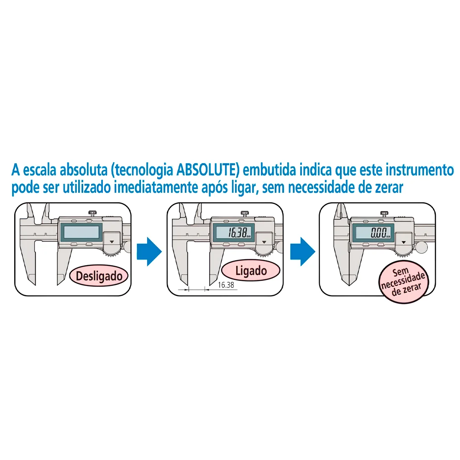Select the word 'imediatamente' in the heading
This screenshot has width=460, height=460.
point(156,187)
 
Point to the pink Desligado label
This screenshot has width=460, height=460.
point(99,276)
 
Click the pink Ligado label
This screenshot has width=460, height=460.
point(251,271)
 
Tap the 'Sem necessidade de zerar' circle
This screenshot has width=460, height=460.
point(404,281)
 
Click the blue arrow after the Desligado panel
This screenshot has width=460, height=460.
point(149,251)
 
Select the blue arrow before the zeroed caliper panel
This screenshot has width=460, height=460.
point(303,251)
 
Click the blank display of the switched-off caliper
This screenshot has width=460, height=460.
point(81,232)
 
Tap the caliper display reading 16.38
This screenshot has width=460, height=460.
point(234,232)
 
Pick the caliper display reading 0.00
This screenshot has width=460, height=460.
point(373,233)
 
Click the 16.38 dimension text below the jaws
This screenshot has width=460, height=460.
point(226,285)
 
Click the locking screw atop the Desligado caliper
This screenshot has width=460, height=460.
point(93,213)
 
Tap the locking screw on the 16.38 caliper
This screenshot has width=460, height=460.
point(245,213)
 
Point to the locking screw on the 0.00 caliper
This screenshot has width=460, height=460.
point(385,213)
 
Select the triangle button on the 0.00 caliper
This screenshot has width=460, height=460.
point(404,242)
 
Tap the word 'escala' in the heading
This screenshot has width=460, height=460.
point(40,170)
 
